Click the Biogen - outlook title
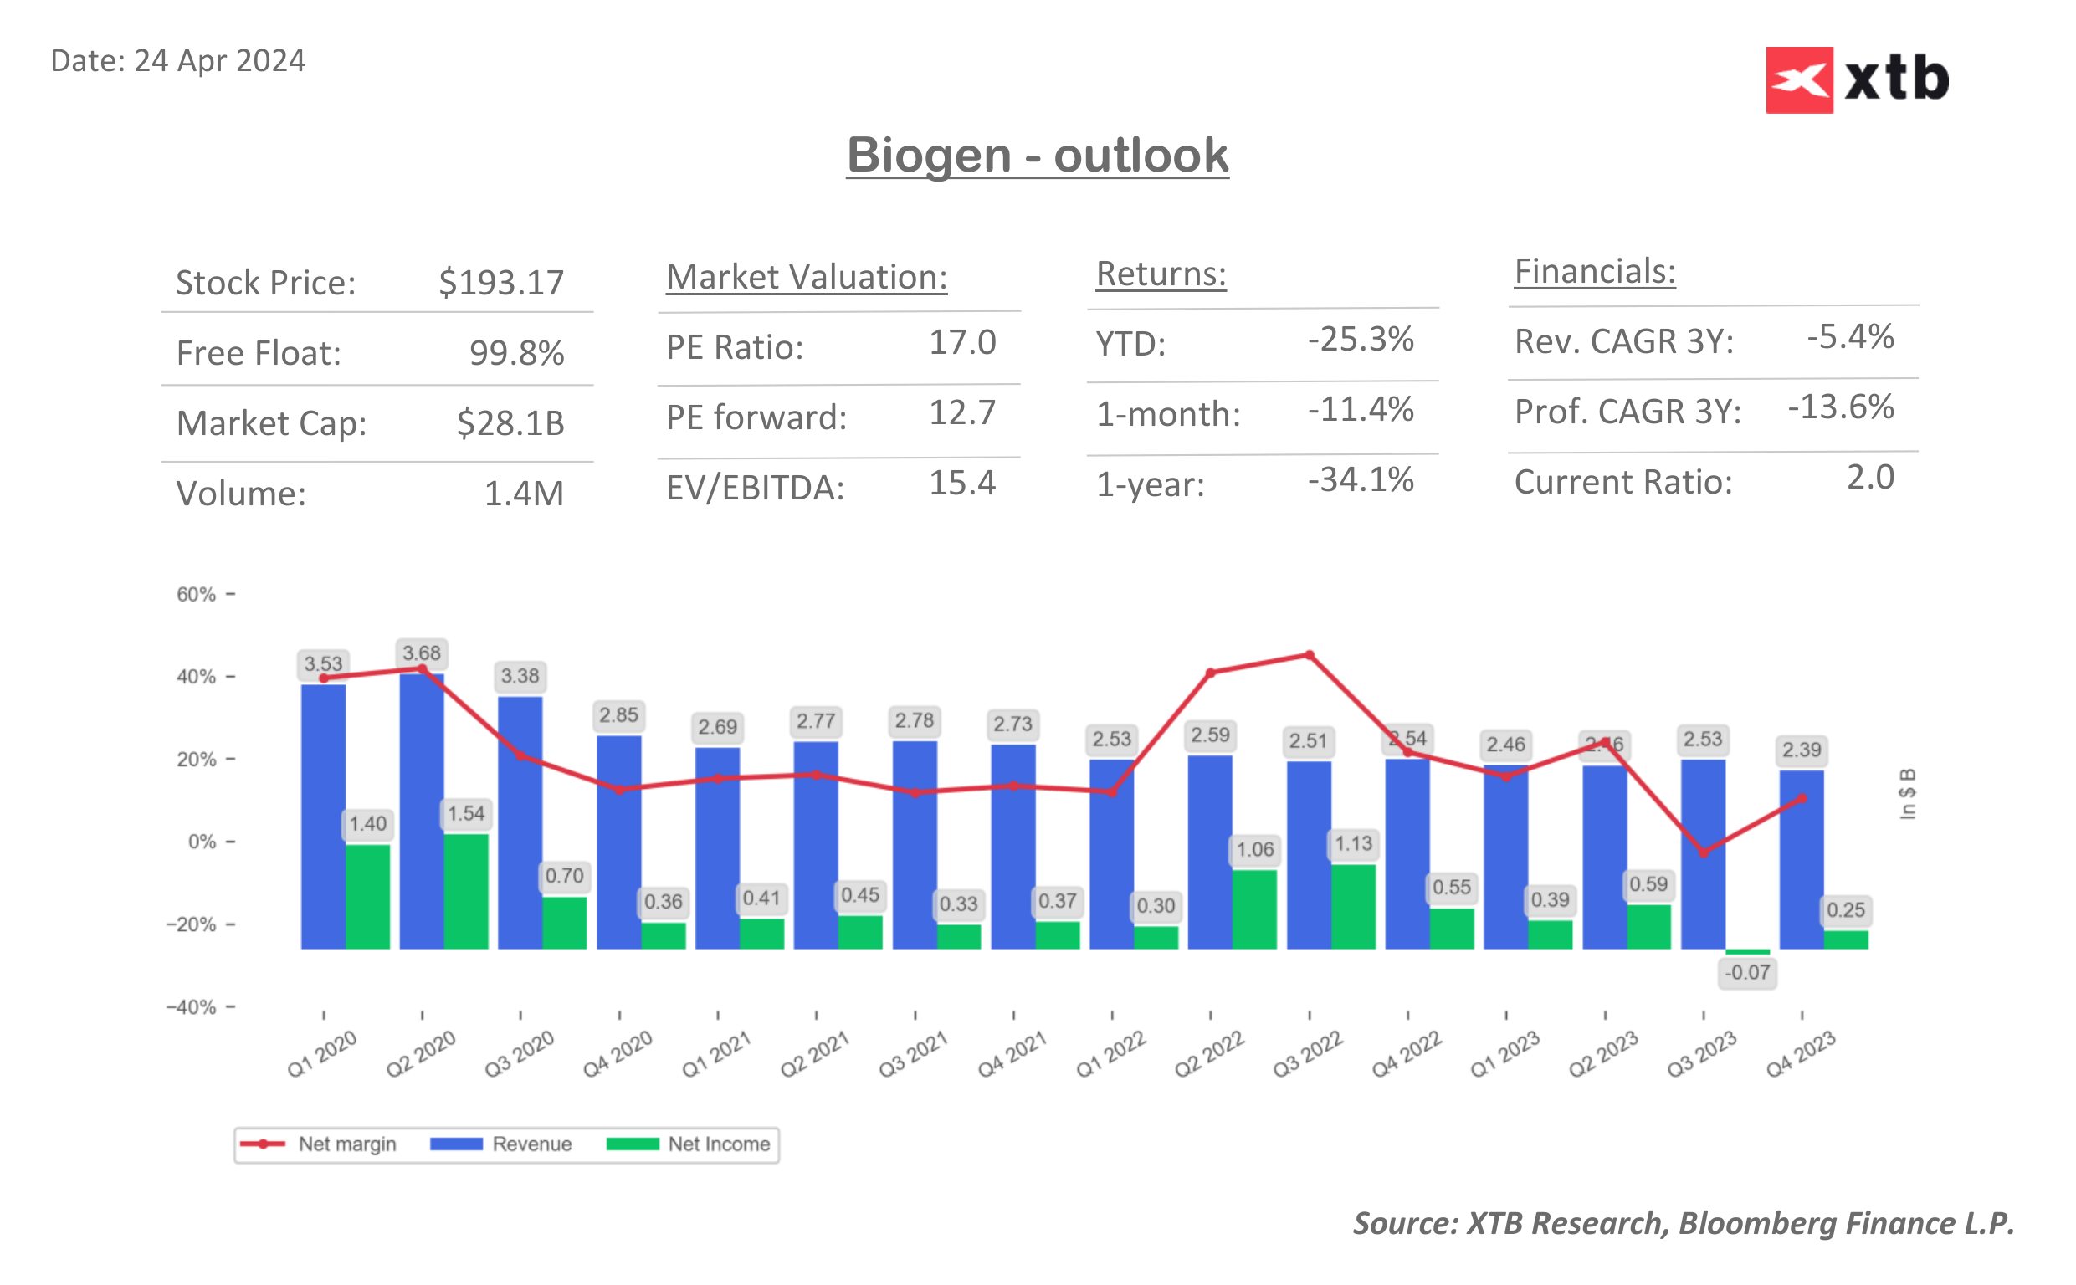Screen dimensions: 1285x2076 [1037, 156]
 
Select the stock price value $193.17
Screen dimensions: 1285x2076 [500, 282]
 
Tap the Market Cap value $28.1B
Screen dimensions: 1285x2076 [510, 422]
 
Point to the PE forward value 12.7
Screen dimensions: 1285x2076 [961, 413]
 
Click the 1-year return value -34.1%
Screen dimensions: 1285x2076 [1360, 479]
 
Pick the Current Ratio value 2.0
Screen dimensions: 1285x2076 [1868, 477]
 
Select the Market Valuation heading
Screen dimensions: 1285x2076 [806, 277]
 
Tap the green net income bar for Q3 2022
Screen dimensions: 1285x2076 [1353, 906]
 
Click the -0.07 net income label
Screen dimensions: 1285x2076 [1746, 972]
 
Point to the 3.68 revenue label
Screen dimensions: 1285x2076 [422, 653]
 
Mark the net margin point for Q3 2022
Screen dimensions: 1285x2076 [1309, 655]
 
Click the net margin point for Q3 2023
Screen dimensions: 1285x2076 [1703, 852]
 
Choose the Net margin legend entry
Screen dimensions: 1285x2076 [319, 1144]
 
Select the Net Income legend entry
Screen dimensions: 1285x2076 [689, 1144]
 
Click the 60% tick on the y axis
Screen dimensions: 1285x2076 [197, 594]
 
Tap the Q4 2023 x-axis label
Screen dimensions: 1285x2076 [1800, 1054]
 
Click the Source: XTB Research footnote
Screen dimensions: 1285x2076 [1683, 1222]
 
